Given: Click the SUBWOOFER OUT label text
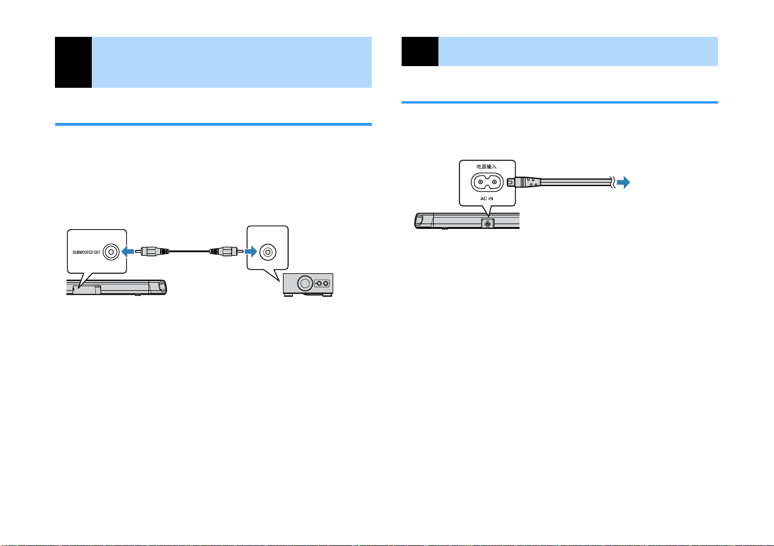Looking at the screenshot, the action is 87,252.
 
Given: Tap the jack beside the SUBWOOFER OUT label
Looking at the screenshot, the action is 111,252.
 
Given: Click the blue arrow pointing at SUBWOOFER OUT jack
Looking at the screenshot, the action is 128,252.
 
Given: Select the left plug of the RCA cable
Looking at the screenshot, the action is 151,251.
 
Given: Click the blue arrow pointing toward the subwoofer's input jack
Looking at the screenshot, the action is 251,252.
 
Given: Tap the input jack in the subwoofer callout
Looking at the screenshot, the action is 268,252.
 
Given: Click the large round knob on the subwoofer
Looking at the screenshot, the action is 305,284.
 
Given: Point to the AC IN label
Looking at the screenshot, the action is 486,198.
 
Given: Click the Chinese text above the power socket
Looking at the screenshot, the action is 486,167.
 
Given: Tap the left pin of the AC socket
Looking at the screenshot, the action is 481,182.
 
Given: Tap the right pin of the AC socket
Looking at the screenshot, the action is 495,182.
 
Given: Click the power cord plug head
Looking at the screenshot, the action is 523,182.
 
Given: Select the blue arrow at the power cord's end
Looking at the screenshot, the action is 624,183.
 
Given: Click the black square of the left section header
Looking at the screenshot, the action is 73,62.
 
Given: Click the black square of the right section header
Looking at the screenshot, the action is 420,51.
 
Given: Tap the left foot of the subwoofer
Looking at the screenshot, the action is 288,295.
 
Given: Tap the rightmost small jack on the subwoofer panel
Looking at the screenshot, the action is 326,284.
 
